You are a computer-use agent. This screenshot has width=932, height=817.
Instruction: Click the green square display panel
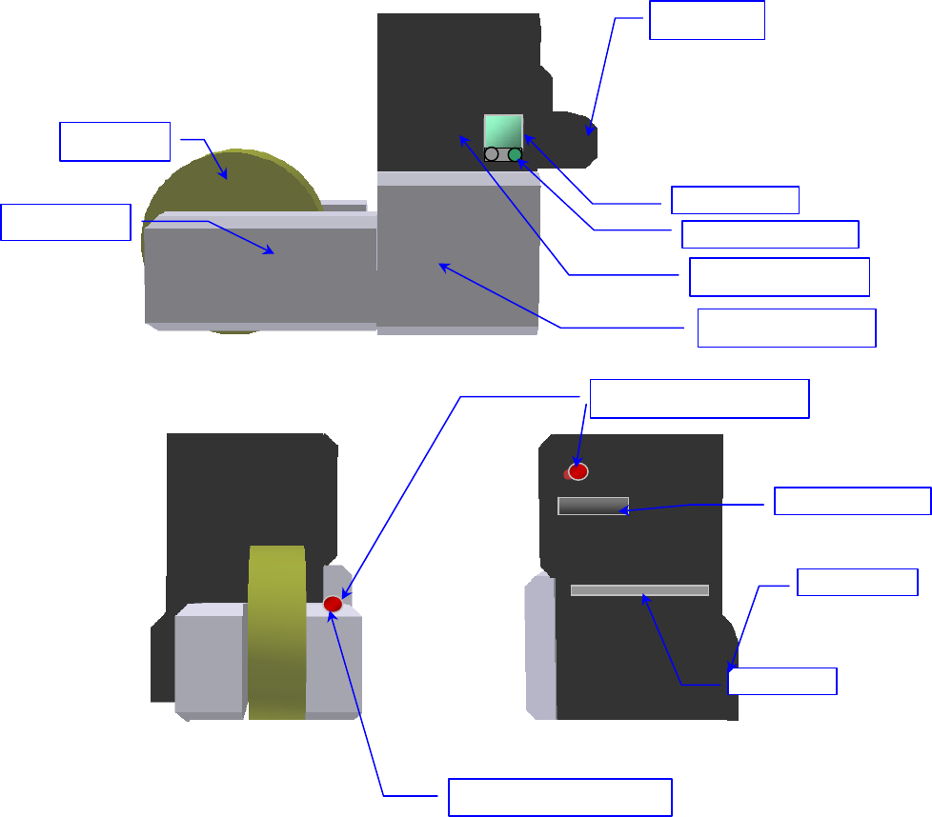[x=503, y=130]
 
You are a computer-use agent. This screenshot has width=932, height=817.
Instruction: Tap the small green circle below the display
[x=515, y=154]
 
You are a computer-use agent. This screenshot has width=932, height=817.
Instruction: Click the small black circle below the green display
[x=491, y=154]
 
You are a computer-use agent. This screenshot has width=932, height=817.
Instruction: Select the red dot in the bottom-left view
[x=333, y=604]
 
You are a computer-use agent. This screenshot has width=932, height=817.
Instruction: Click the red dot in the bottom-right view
[x=577, y=471]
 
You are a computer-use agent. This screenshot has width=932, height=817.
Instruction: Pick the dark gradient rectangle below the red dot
[x=593, y=506]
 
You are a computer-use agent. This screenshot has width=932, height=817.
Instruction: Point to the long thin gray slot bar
[x=639, y=590]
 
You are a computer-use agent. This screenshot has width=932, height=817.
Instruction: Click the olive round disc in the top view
[x=229, y=181]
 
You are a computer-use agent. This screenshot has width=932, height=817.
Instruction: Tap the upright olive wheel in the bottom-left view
[x=276, y=628]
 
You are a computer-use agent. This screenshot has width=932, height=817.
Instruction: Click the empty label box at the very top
[x=706, y=20]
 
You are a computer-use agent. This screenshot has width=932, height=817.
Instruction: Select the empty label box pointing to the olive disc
[x=114, y=141]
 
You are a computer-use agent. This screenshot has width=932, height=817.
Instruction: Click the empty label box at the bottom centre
[x=560, y=797]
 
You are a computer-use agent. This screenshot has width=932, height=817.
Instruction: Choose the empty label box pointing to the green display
[x=735, y=200]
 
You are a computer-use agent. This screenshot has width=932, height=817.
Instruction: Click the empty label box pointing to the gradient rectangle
[x=852, y=501]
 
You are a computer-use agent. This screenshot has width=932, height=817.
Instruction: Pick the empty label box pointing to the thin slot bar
[x=781, y=681]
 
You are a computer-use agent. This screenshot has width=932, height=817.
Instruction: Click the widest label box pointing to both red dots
[x=699, y=398]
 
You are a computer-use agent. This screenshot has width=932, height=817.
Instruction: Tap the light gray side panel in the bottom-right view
[x=540, y=648]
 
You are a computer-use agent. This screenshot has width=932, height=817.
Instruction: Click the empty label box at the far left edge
[x=65, y=222]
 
